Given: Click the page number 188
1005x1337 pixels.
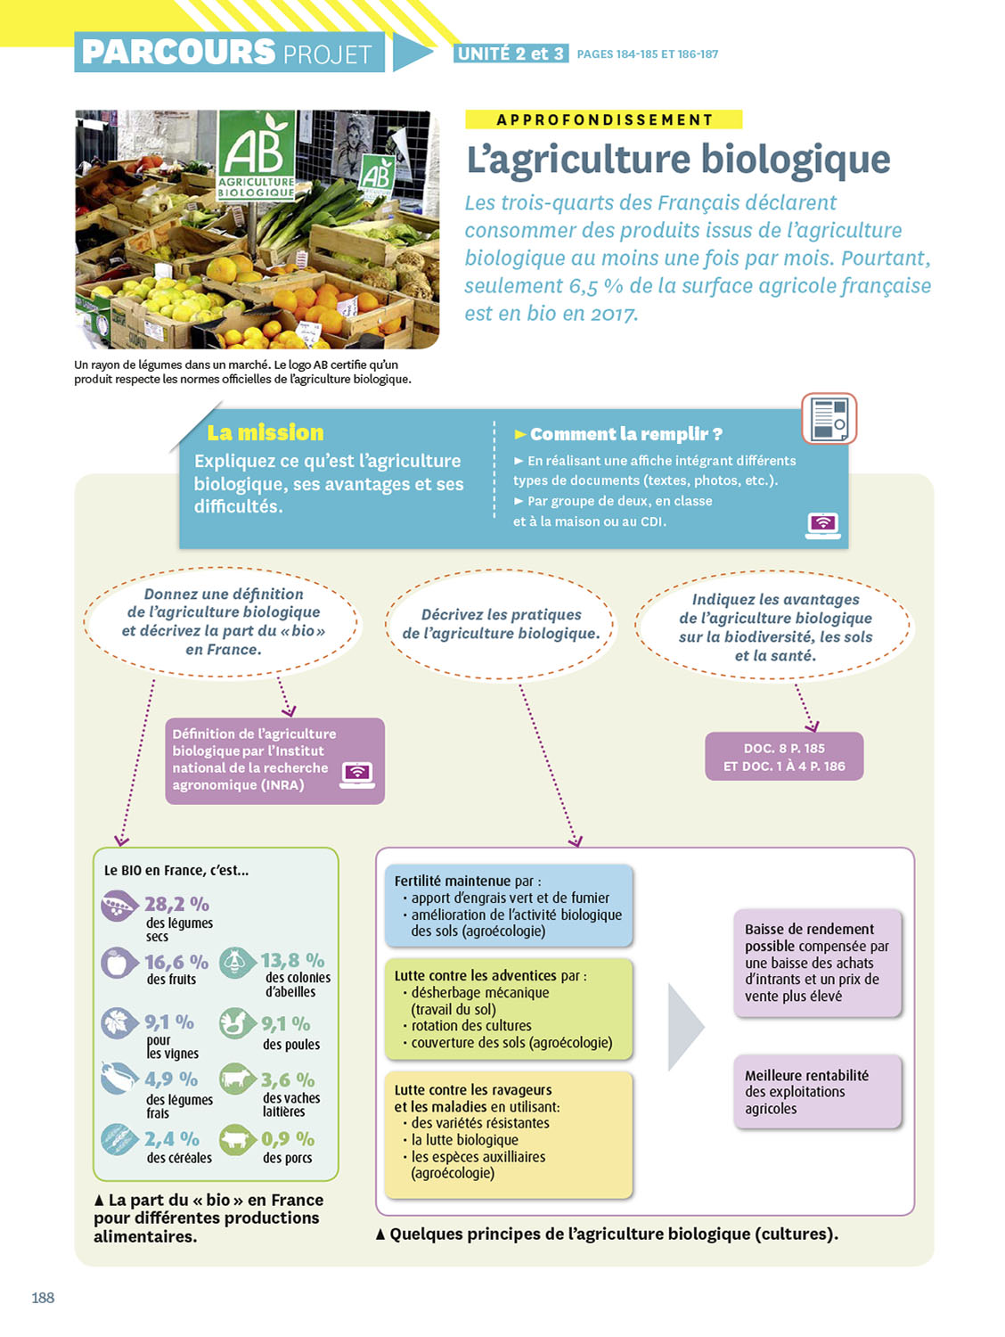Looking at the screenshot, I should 43,1298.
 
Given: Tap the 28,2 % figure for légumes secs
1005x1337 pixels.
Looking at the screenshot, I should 176,904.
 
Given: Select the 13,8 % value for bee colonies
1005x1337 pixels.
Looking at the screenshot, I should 292,960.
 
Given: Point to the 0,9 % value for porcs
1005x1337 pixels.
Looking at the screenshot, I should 287,1139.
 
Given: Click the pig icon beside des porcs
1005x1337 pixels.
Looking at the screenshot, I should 238,1138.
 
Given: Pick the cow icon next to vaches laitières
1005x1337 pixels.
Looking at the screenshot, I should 238,1079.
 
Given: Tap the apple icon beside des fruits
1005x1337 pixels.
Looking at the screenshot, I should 118,963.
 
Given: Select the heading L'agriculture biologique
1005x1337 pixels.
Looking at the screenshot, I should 678,160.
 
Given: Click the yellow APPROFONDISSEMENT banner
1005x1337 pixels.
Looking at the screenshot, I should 604,119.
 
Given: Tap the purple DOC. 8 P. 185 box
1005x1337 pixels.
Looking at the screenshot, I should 784,757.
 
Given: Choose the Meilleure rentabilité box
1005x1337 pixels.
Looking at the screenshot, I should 817,1092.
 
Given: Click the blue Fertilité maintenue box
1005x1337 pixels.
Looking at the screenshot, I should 509,905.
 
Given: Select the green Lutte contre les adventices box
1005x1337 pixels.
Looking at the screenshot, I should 509,1009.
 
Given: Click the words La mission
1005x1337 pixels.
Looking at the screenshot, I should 266,432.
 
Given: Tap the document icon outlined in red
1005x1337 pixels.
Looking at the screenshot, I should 829,418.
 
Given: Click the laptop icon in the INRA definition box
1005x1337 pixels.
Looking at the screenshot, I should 357,775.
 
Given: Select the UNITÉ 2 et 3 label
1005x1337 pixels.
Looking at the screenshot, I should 510,53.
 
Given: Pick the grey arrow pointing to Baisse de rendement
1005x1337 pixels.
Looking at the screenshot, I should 685,1027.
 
